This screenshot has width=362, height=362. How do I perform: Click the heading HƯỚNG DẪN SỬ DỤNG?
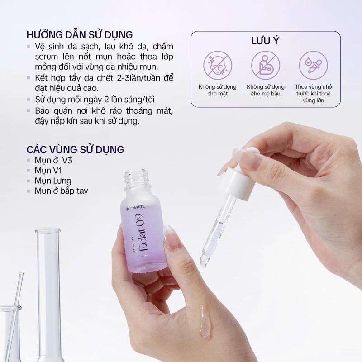click(80, 35)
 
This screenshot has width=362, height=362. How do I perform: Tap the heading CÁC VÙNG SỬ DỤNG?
click(75, 149)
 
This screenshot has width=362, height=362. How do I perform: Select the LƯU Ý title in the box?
click(265, 41)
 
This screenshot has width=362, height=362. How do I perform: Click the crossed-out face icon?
click(218, 65)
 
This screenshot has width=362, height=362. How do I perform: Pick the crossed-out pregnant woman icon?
click(266, 65)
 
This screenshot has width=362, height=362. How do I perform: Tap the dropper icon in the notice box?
click(313, 65)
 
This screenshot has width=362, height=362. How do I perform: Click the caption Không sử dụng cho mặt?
click(218, 90)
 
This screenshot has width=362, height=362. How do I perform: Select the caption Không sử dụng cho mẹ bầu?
click(266, 90)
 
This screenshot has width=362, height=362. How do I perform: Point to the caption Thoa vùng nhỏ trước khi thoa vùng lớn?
click(313, 94)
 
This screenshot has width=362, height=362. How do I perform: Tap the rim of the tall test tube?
click(48, 231)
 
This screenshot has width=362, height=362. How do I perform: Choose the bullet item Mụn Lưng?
click(53, 181)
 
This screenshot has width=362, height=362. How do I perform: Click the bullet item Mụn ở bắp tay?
click(61, 191)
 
